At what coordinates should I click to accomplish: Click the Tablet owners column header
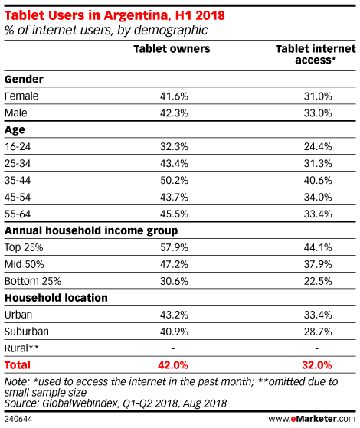click(x=172, y=49)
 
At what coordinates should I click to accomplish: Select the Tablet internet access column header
click(x=316, y=54)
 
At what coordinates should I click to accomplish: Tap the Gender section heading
click(x=24, y=79)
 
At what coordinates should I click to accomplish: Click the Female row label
click(x=21, y=96)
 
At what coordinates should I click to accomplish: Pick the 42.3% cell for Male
click(x=174, y=113)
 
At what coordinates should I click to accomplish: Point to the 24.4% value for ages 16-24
click(x=318, y=146)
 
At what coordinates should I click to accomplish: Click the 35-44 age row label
click(x=18, y=180)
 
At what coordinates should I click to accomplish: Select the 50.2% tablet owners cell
click(x=174, y=180)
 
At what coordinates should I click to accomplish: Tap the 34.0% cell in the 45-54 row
click(x=318, y=197)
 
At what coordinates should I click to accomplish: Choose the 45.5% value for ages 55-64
click(x=174, y=214)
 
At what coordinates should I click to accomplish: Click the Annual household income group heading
click(x=91, y=231)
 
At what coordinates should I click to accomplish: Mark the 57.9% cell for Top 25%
click(x=174, y=247)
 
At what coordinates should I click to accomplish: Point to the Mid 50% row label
click(x=24, y=264)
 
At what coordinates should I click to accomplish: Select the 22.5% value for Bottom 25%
click(x=318, y=281)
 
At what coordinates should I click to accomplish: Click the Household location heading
click(x=56, y=298)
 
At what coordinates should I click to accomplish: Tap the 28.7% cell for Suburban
click(x=318, y=332)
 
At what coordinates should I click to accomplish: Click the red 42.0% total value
click(x=173, y=365)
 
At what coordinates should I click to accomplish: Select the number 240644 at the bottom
click(x=18, y=419)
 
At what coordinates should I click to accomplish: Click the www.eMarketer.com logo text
click(x=312, y=419)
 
